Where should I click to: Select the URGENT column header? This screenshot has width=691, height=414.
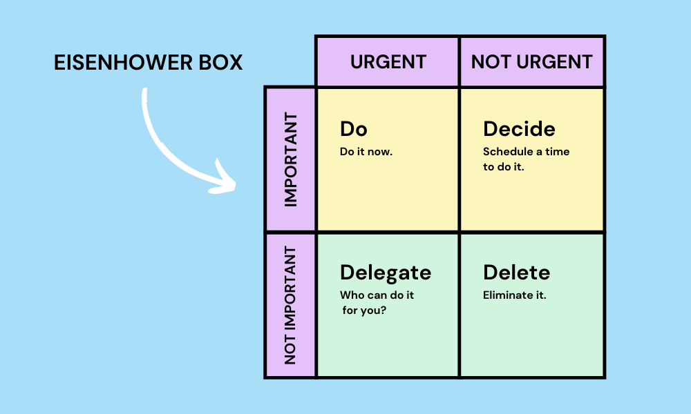point(387,61)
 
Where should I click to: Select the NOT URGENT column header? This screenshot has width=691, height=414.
point(531,61)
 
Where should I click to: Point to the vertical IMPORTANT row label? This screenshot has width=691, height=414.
point(290,159)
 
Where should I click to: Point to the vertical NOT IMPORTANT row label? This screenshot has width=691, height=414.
point(290,305)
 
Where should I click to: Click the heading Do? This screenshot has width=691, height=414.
point(354,129)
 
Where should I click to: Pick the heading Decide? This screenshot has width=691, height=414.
point(519,129)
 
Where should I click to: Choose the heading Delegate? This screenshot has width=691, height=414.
point(386,273)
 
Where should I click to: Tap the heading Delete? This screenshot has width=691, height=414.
point(516,273)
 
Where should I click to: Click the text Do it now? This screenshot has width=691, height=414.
point(366,152)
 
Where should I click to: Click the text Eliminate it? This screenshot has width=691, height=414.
point(515,295)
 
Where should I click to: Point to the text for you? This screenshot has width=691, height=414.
point(365,310)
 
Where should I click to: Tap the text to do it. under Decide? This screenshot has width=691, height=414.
point(504,166)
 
